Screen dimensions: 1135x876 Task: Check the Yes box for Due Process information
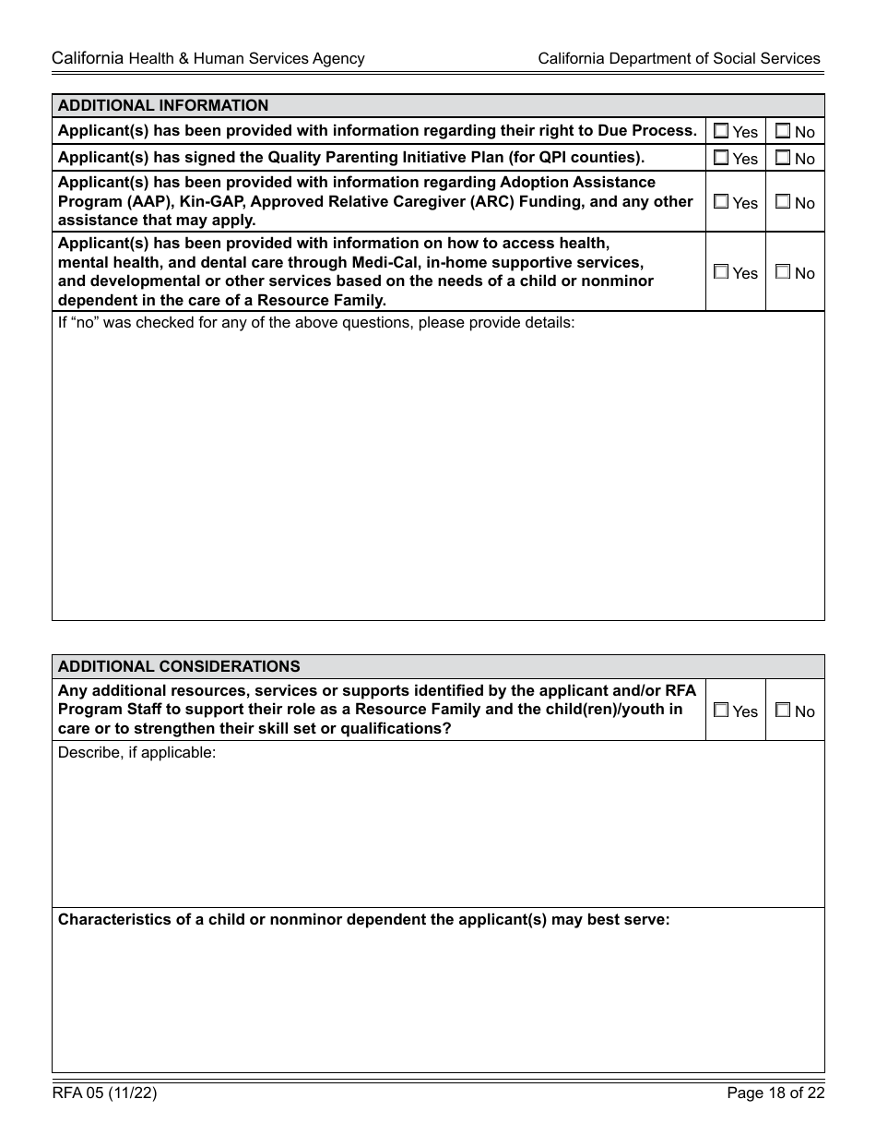pyautogui.click(x=721, y=131)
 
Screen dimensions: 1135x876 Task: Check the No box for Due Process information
pyautogui.click(x=783, y=131)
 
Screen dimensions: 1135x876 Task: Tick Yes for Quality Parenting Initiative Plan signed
pyautogui.click(x=721, y=158)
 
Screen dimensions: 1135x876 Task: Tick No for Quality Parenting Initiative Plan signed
pyautogui.click(x=783, y=158)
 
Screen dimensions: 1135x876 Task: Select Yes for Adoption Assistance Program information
pyautogui.click(x=721, y=201)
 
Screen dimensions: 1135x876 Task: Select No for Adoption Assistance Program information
pyautogui.click(x=783, y=201)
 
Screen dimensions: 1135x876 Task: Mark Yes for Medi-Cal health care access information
pyautogui.click(x=721, y=272)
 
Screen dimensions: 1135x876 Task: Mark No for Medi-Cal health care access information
pyautogui.click(x=783, y=272)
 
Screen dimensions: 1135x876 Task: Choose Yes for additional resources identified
pyautogui.click(x=721, y=711)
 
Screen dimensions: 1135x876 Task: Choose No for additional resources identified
pyautogui.click(x=783, y=711)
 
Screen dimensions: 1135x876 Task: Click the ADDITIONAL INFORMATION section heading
pyautogui.click(x=163, y=105)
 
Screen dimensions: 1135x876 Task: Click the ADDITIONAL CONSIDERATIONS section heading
pyautogui.click(x=179, y=666)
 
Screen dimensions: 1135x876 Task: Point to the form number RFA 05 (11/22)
pyautogui.click(x=104, y=1093)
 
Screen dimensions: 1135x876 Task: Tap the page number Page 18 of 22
pyautogui.click(x=775, y=1093)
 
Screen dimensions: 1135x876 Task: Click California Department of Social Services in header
pyautogui.click(x=679, y=58)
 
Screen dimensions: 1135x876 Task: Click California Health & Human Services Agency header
pyautogui.click(x=208, y=58)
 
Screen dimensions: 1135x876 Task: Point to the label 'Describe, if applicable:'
pyautogui.click(x=136, y=753)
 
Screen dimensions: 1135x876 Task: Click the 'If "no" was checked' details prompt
pyautogui.click(x=316, y=323)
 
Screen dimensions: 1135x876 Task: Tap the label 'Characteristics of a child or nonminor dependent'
pyautogui.click(x=363, y=920)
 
